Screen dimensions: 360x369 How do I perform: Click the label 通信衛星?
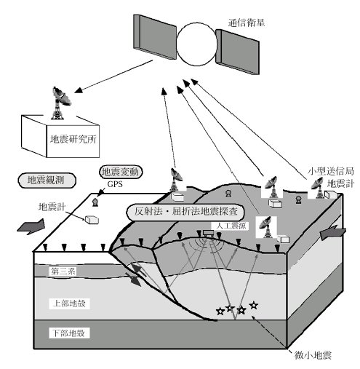click(246, 23)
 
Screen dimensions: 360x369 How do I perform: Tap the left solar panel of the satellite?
click(155, 36)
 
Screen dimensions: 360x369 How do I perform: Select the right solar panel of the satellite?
click(238, 52)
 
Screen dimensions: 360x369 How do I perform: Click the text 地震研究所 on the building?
click(73, 139)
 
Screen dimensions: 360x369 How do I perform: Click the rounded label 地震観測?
click(47, 180)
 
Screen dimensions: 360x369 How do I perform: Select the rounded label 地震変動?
click(121, 172)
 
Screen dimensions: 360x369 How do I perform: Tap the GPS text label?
click(115, 184)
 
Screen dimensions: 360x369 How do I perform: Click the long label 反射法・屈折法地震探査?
click(185, 212)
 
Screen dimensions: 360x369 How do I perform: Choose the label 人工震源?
click(231, 226)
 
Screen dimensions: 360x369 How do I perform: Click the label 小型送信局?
click(331, 171)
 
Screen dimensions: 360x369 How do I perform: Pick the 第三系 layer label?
click(63, 271)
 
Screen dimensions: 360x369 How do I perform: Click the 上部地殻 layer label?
click(69, 303)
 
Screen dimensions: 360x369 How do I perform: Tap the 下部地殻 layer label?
click(69, 333)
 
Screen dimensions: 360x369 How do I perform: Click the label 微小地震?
click(313, 355)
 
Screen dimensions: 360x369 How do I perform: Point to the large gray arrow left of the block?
click(31, 226)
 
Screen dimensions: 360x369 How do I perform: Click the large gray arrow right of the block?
click(333, 232)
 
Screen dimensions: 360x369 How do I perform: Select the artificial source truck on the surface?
click(208, 233)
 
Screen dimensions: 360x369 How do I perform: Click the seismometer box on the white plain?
click(92, 219)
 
